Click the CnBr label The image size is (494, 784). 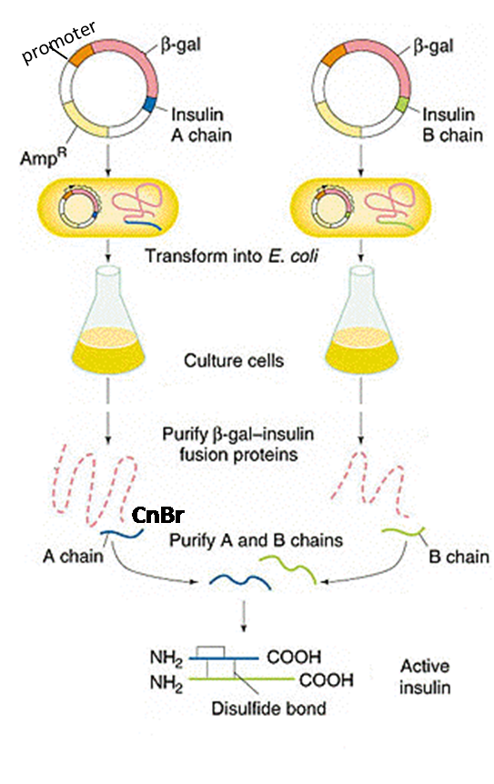coord(158,516)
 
